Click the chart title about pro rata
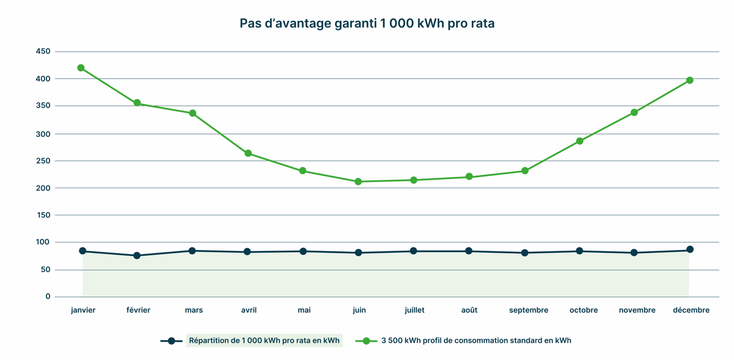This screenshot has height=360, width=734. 367,24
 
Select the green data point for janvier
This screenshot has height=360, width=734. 81,68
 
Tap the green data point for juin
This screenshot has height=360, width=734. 358,182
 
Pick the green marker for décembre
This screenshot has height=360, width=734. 689,80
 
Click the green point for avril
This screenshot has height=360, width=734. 248,153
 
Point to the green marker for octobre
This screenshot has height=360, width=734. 579,141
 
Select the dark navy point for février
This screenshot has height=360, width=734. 137,255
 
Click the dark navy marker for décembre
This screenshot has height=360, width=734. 689,249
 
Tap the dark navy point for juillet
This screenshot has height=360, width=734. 414,251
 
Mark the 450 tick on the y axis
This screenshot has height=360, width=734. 43,51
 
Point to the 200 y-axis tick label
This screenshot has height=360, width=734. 43,188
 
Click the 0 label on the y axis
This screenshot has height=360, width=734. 48,296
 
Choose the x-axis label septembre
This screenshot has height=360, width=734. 529,310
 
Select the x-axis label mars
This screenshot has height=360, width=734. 194,310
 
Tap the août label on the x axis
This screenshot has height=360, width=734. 469,310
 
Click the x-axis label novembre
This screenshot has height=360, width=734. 637,310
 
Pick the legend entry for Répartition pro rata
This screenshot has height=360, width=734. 264,340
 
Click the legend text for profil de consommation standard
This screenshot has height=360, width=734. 476,340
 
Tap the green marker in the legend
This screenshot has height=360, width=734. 367,341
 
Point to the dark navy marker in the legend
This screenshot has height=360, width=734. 172,341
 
